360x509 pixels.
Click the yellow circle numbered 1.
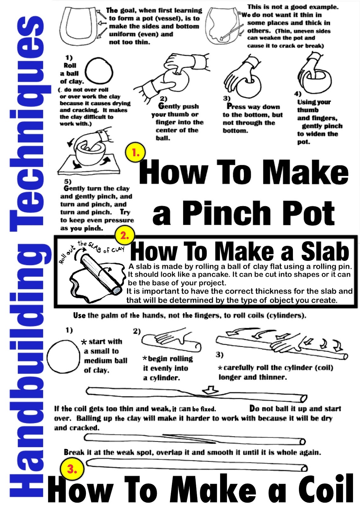(x=135, y=153)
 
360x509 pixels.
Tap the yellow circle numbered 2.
(x=124, y=236)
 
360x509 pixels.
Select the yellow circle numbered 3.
(x=72, y=469)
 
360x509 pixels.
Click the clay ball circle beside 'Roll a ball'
(x=99, y=71)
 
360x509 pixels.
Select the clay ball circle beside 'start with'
(x=63, y=356)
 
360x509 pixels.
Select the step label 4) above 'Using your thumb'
(x=298, y=94)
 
